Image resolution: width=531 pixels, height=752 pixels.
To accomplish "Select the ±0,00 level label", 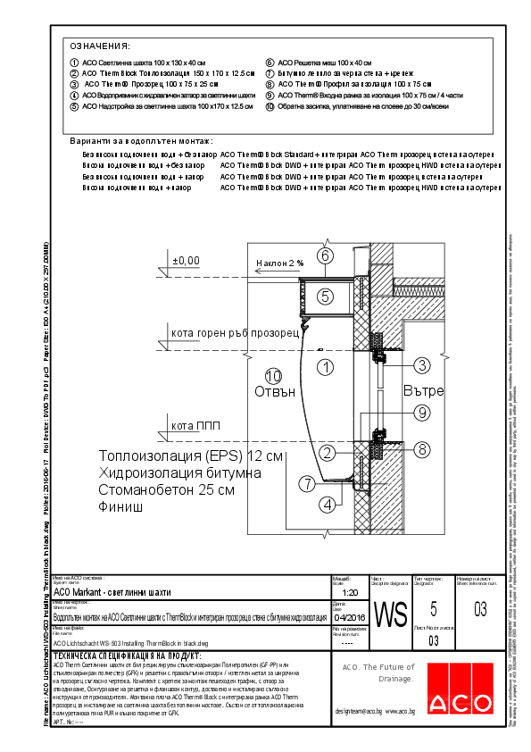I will pyautogui.click(x=187, y=260).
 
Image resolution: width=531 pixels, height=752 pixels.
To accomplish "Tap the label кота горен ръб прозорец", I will pyautogui.click(x=235, y=334).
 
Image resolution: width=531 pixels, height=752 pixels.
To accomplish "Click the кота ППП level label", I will pyautogui.click(x=195, y=426).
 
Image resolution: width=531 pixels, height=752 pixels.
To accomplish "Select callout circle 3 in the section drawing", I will pyautogui.click(x=421, y=364).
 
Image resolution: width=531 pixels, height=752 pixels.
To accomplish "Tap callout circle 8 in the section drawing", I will pyautogui.click(x=422, y=449).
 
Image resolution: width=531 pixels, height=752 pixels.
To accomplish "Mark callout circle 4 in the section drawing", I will pyautogui.click(x=328, y=505).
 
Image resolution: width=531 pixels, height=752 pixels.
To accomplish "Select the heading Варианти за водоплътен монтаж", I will pyautogui.click(x=141, y=141).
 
